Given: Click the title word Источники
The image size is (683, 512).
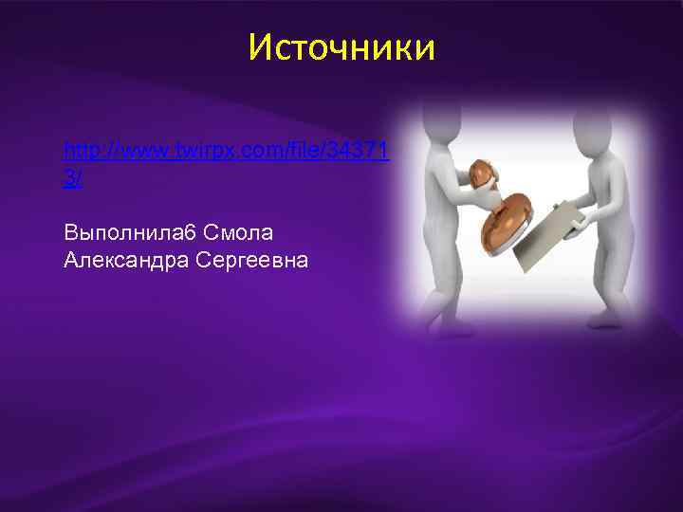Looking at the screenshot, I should [341, 46].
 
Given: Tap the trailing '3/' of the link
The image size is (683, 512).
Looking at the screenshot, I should [73, 178].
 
